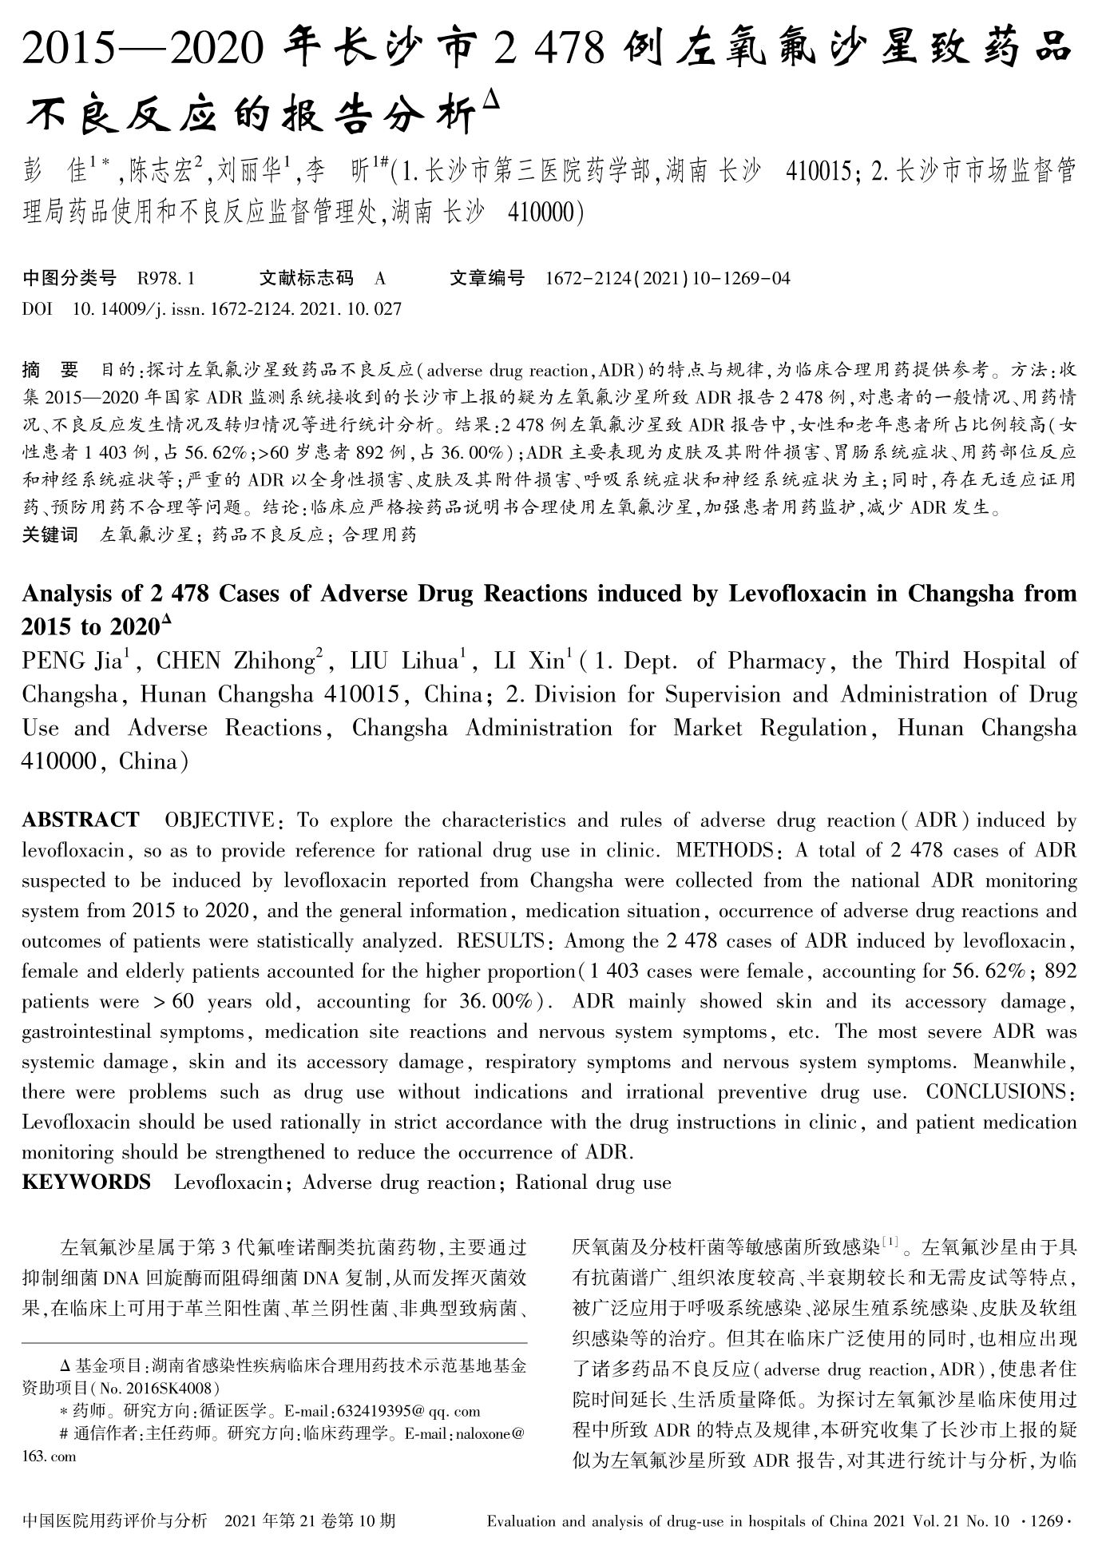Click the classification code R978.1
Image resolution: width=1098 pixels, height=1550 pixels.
coord(166,278)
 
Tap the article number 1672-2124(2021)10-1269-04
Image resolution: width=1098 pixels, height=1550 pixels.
coord(668,278)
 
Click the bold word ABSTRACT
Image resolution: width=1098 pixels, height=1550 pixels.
coord(81,820)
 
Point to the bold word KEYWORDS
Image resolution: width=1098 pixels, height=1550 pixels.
coord(86,1182)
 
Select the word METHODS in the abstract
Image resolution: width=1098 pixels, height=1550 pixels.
coord(723,850)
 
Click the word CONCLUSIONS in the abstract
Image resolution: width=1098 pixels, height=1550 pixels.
coord(994,1091)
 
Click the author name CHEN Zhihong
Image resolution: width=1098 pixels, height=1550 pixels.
coord(235,661)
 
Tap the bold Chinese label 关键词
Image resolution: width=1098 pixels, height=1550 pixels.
coord(50,535)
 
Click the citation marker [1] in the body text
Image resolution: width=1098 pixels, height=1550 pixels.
coord(891,1244)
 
